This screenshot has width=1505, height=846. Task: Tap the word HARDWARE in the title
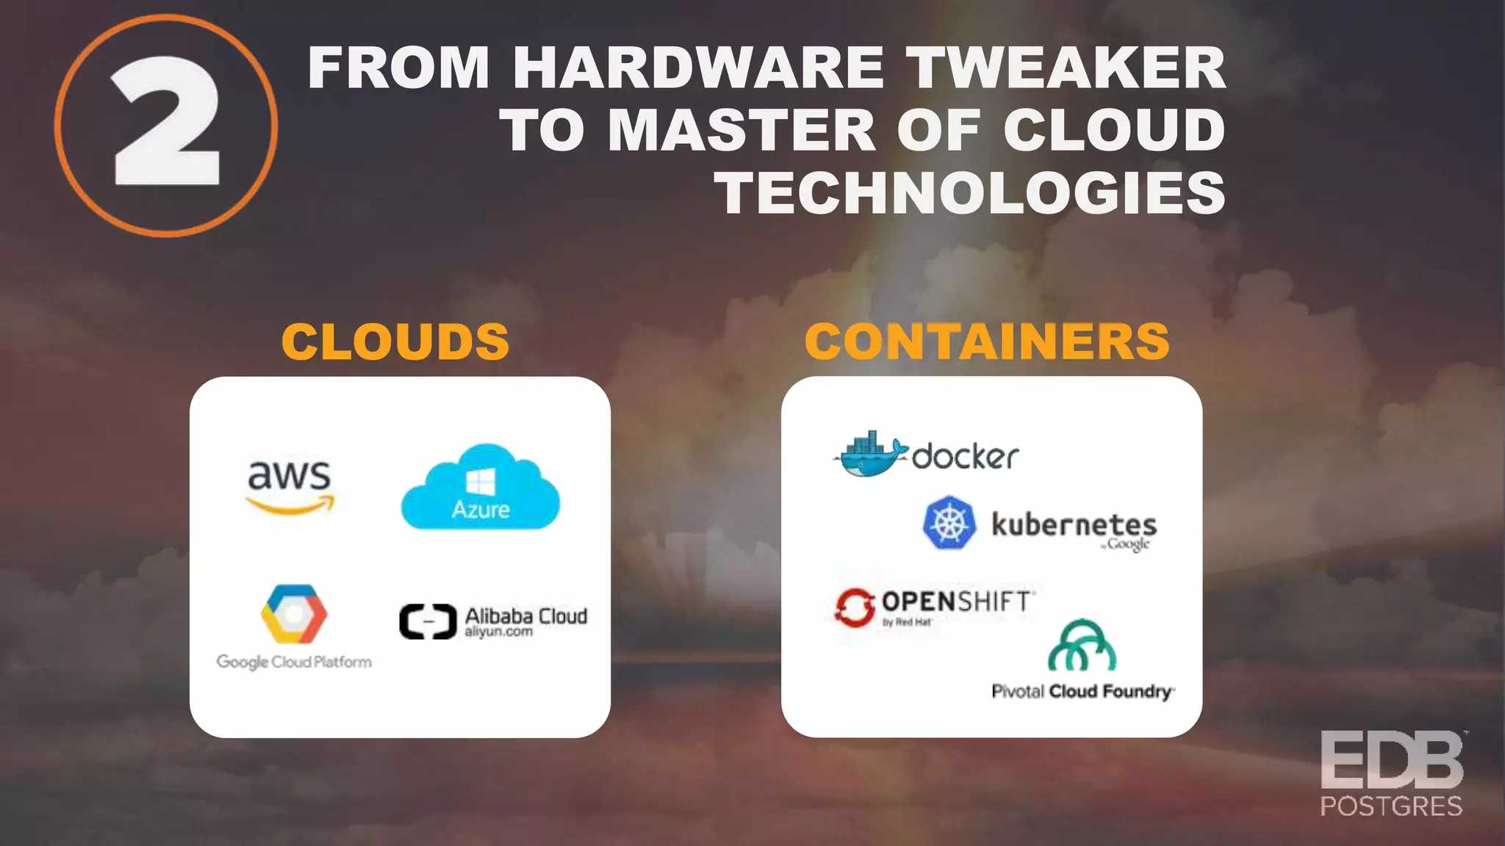point(698,68)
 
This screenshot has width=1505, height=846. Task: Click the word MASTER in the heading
point(742,130)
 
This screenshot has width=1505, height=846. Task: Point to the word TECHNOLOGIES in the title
point(971,192)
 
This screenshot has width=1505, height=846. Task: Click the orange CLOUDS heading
point(395,342)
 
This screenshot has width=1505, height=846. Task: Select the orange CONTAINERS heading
point(987,342)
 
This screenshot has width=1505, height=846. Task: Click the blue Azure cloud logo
point(481,488)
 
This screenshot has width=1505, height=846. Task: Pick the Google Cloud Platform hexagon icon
point(294,614)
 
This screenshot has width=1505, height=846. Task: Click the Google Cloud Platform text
point(294,662)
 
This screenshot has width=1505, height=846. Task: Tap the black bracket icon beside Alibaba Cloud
point(428,621)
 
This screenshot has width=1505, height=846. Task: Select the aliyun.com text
point(498,632)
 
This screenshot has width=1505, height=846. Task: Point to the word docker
point(965,457)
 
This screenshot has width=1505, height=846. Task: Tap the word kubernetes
point(1074,524)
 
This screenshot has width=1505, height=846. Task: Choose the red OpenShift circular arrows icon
point(854,608)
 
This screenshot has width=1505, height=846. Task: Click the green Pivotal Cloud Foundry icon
point(1082,646)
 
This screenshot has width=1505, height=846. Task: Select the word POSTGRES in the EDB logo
point(1391,806)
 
